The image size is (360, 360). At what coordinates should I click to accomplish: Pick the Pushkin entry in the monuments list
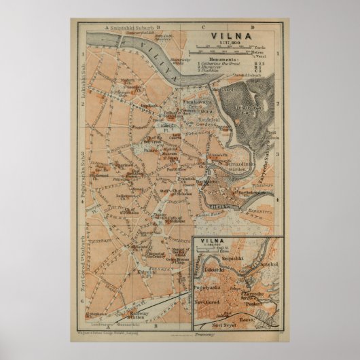pyautogui.click(x=211, y=71)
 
